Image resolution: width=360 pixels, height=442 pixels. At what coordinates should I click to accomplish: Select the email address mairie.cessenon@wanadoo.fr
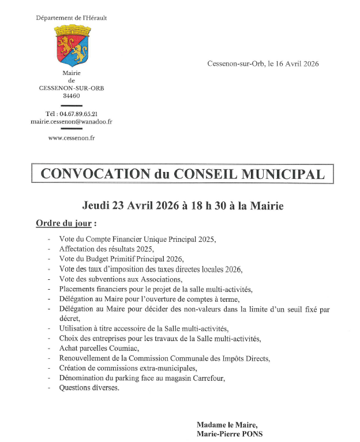[x=72, y=122]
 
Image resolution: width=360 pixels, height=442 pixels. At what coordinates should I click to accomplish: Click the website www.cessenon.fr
[x=72, y=138]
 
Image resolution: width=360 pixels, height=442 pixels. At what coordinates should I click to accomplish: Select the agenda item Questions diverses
[x=89, y=388]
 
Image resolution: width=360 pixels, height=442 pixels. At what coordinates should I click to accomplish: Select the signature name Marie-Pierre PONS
[x=229, y=434]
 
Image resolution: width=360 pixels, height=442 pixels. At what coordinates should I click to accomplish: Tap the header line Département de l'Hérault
[x=72, y=18]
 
